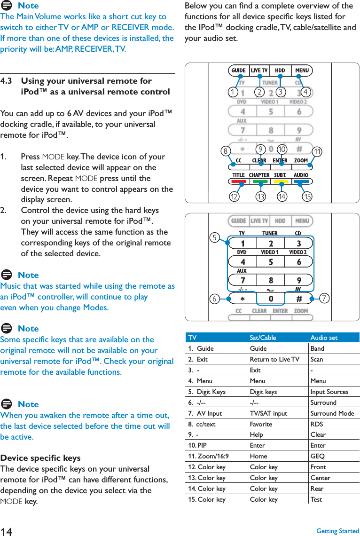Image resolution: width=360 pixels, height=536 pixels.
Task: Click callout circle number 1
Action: point(232,92)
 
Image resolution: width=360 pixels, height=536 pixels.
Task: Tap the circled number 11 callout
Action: point(318,152)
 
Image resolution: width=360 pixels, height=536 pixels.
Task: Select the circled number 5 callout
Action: point(215,237)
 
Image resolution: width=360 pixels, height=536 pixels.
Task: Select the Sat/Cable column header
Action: point(263,338)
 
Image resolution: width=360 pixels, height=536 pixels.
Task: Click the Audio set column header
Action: point(323,338)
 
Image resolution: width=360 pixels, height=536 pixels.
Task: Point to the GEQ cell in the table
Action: point(317,456)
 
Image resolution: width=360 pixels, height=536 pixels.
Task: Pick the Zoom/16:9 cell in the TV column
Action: point(209,456)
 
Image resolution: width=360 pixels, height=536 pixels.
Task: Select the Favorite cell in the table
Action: point(261,424)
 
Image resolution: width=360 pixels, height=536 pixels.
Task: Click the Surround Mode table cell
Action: point(332,413)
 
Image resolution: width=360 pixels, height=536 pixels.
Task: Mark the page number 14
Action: point(7,531)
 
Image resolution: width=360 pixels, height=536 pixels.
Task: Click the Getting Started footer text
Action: point(337,531)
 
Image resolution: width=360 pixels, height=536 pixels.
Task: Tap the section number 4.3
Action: point(7,81)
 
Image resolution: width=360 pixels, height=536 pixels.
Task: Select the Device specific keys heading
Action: point(40,458)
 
